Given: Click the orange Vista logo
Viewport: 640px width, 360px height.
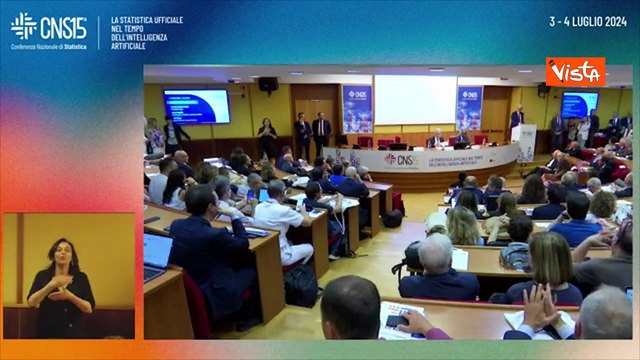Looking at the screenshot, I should pyautogui.click(x=575, y=72).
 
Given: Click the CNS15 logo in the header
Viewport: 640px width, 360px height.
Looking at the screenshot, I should pyautogui.click(x=48, y=26).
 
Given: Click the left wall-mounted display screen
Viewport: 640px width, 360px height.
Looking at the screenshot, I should pyautogui.click(x=196, y=105).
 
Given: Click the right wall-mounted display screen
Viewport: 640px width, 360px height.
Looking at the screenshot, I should pyautogui.click(x=579, y=104).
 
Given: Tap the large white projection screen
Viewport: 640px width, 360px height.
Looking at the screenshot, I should pyautogui.click(x=415, y=100).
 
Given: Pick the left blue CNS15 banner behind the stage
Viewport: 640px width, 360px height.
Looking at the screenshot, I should pyautogui.click(x=357, y=108).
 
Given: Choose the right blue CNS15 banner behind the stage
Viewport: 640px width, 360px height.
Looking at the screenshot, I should pyautogui.click(x=469, y=107).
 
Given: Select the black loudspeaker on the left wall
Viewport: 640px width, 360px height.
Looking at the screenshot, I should pyautogui.click(x=268, y=85).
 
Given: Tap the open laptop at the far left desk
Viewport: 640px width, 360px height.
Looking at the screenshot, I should pyautogui.click(x=157, y=255).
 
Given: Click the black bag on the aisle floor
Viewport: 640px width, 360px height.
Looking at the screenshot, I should pyautogui.click(x=301, y=286).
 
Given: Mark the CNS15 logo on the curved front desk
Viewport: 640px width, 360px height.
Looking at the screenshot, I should pyautogui.click(x=402, y=159).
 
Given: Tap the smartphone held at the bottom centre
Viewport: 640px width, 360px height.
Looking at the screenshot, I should pyautogui.click(x=397, y=320).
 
